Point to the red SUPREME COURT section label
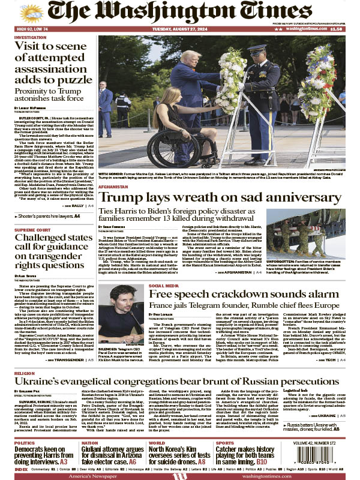(33, 230)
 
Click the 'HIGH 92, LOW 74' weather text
(32, 29)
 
